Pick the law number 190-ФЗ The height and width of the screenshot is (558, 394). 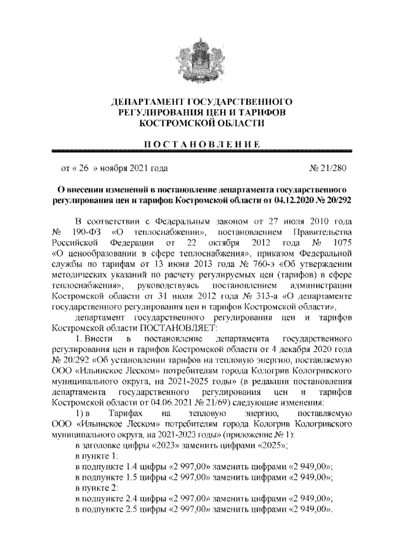click(x=86, y=231)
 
